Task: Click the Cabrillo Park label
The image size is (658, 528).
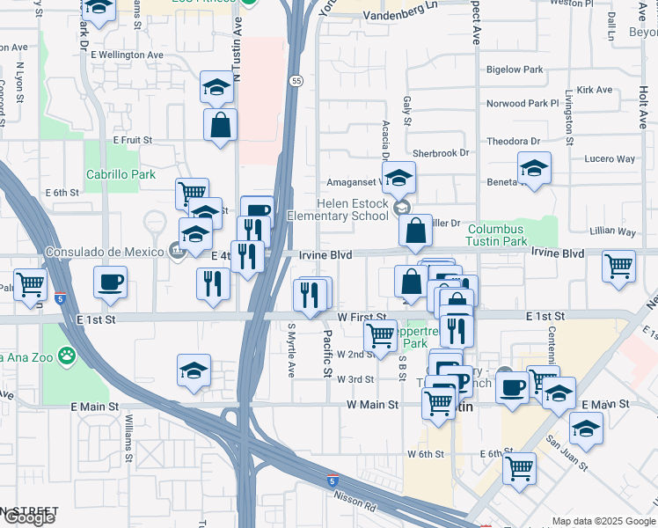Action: coord(121,174)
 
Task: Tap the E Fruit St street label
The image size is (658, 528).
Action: coord(132,140)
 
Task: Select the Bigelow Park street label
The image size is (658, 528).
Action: coord(515,69)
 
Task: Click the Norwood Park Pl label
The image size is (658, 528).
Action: coord(523,104)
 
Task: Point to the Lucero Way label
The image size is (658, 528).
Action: coord(610,159)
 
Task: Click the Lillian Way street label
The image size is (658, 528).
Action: coord(613,231)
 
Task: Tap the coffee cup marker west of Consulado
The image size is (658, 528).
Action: coord(111,282)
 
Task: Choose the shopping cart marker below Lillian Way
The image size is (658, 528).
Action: coord(619,265)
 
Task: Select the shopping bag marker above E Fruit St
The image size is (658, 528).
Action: coord(220,124)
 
